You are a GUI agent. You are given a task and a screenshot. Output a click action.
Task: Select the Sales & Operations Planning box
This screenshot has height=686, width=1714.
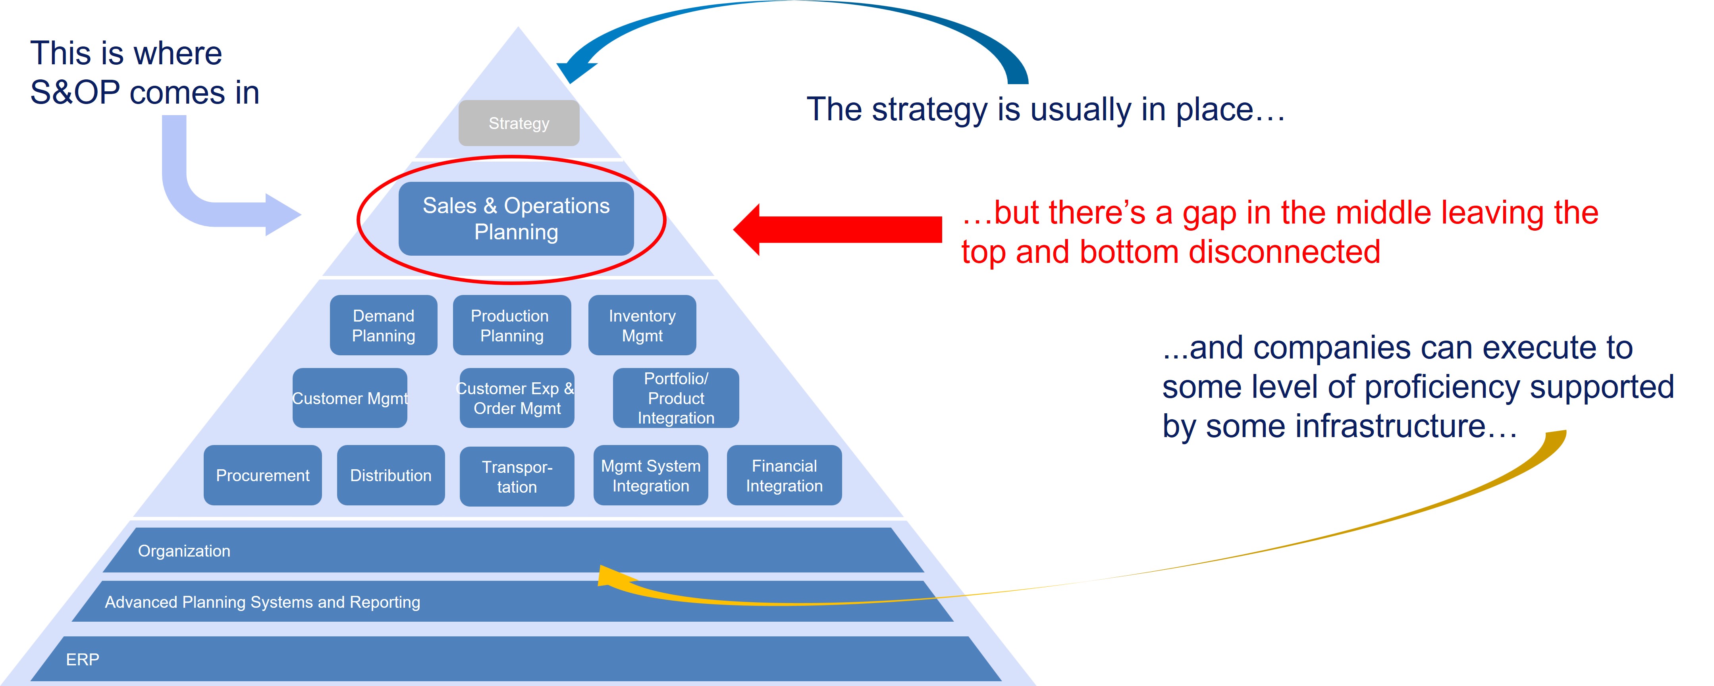pos(516,219)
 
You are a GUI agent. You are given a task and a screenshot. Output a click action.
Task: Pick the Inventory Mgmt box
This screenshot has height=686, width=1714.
pos(642,326)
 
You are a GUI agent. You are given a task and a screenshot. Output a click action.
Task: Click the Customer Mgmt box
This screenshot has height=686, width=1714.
pos(349,398)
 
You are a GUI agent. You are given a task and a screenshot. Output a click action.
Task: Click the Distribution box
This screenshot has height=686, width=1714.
pos(391,475)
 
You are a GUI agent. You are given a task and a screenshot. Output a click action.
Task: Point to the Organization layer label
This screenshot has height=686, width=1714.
pos(184,551)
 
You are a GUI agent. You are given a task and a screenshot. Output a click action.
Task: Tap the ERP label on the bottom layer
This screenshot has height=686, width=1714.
pos(83,659)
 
